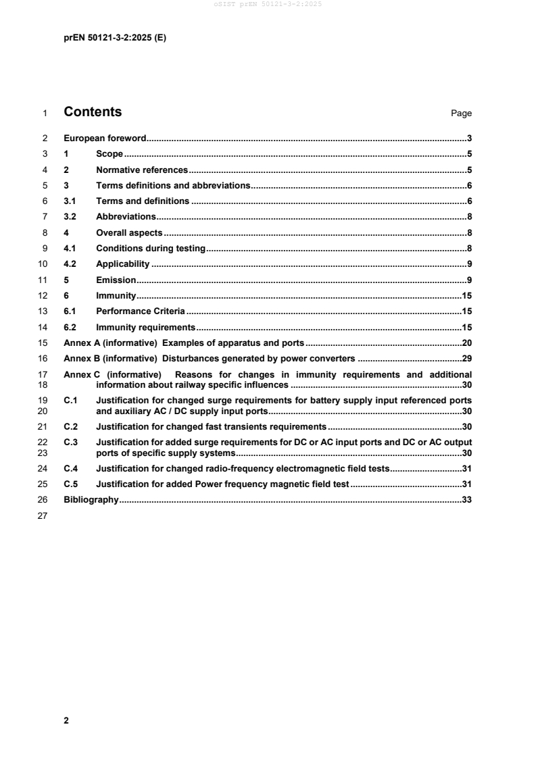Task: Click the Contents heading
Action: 93,112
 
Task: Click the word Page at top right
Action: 461,113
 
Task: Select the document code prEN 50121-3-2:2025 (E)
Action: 114,39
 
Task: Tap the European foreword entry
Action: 105,138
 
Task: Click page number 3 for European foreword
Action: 469,138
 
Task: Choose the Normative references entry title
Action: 142,170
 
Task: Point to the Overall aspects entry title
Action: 129,232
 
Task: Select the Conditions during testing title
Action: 151,248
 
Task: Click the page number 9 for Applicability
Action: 469,263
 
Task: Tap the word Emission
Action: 116,280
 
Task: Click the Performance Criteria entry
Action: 141,311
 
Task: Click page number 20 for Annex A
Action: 466,343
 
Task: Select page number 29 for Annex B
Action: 466,358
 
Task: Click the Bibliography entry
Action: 91,500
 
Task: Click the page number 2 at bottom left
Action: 66,720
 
